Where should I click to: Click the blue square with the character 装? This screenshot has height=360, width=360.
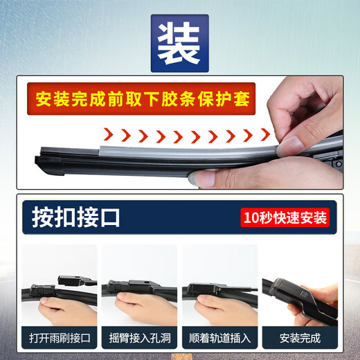pyautogui.click(x=180, y=43)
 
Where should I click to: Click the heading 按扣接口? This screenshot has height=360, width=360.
pyautogui.click(x=76, y=217)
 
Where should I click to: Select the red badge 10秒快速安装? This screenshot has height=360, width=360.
pyautogui.click(x=285, y=217)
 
